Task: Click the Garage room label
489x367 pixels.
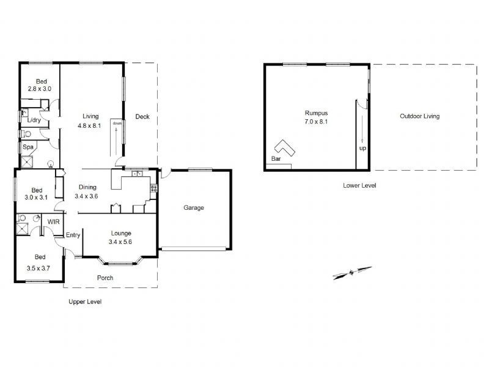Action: (x=194, y=208)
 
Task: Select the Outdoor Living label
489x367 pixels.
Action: (x=419, y=116)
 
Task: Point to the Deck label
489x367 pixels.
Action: (x=142, y=117)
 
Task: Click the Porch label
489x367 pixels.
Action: (x=105, y=278)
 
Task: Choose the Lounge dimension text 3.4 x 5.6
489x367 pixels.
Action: (x=121, y=242)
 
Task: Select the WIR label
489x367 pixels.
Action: (x=53, y=221)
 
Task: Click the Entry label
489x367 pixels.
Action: (x=73, y=235)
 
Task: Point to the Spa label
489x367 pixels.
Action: (x=28, y=147)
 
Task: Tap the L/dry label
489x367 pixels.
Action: (x=34, y=120)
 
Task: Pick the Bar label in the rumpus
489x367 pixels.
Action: (x=276, y=159)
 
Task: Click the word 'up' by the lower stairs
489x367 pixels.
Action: (x=362, y=149)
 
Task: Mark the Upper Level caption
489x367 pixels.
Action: (x=86, y=302)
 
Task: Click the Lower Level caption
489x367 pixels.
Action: (x=359, y=185)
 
